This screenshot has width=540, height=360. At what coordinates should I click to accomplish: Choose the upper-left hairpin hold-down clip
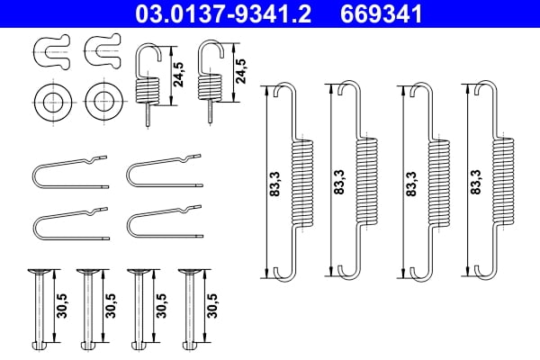click(x=67, y=172)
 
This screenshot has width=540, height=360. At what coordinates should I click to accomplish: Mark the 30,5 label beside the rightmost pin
click(x=212, y=303)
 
